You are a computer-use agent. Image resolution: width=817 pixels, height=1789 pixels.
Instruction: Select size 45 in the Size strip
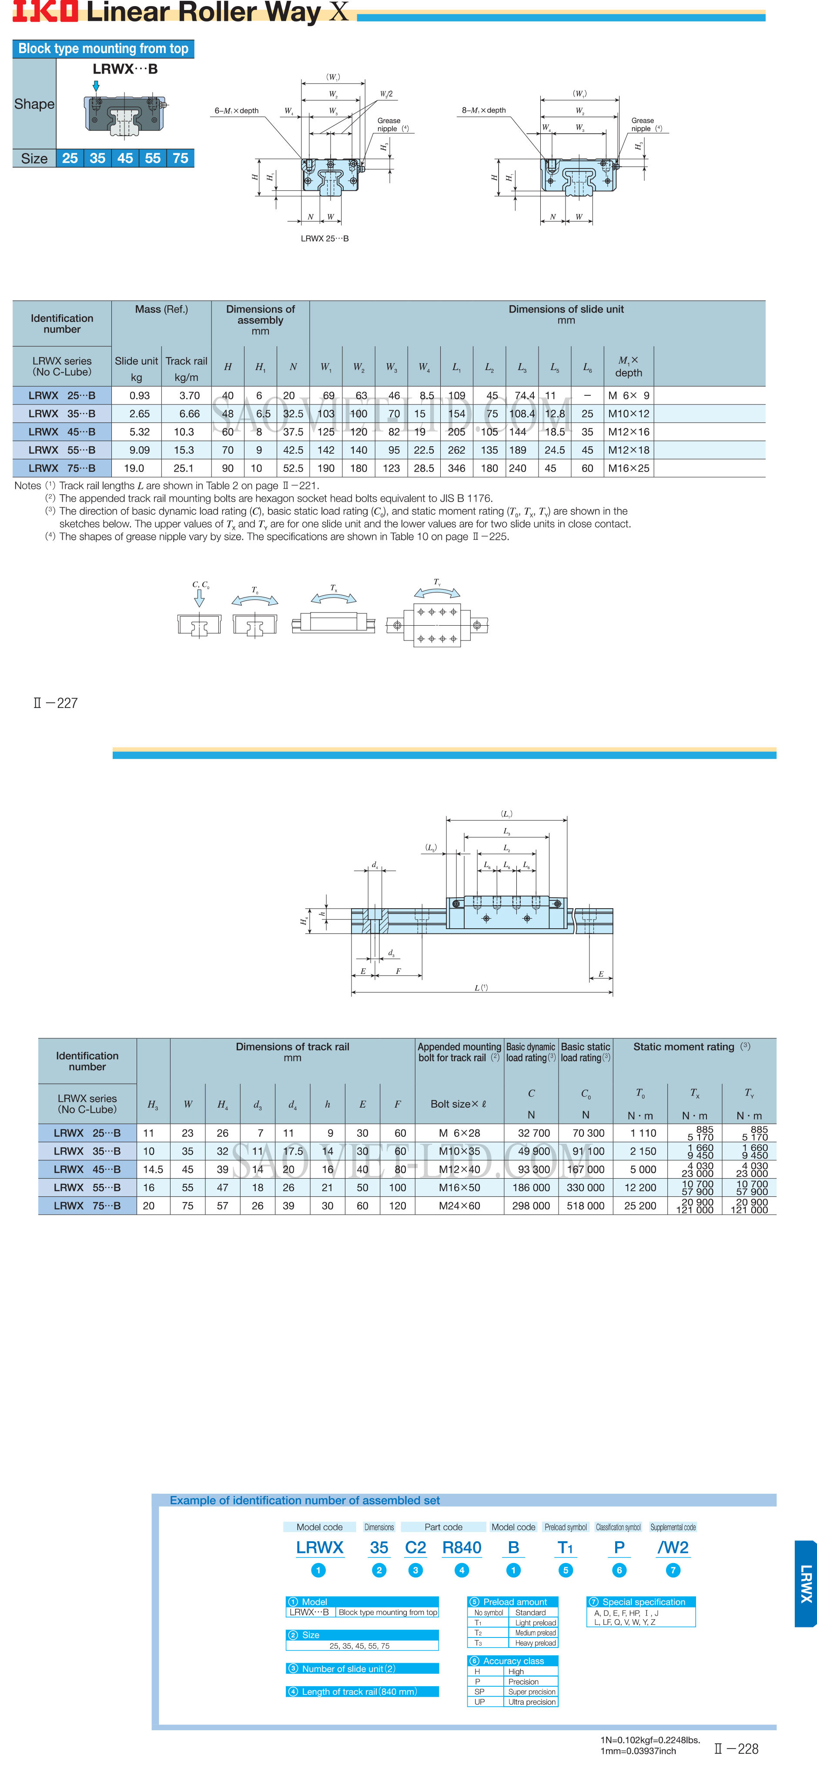tap(125, 158)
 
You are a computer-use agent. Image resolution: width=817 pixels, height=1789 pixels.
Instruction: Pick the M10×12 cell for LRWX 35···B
tap(628, 413)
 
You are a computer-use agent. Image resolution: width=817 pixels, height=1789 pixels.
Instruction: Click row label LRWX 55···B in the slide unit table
tap(62, 450)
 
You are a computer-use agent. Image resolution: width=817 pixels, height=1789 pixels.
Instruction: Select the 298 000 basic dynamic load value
tap(531, 1206)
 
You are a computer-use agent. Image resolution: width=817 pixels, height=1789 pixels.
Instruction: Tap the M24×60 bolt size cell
tap(459, 1206)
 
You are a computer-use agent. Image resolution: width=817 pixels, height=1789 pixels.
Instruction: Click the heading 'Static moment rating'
tap(684, 1047)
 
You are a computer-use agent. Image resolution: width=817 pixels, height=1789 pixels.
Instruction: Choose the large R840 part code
tap(462, 1547)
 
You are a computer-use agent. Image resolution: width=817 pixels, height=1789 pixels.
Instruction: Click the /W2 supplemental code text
tap(673, 1547)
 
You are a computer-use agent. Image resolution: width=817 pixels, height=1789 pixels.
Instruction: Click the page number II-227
tap(56, 703)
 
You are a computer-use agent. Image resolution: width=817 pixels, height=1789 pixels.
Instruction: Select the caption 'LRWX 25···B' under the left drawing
tap(324, 238)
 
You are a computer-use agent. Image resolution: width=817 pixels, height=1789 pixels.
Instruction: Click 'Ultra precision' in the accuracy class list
tap(532, 1701)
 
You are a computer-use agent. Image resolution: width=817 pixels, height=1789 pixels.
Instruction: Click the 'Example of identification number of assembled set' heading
tap(305, 1500)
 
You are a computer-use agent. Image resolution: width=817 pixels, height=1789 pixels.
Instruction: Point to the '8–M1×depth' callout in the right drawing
tap(484, 111)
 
